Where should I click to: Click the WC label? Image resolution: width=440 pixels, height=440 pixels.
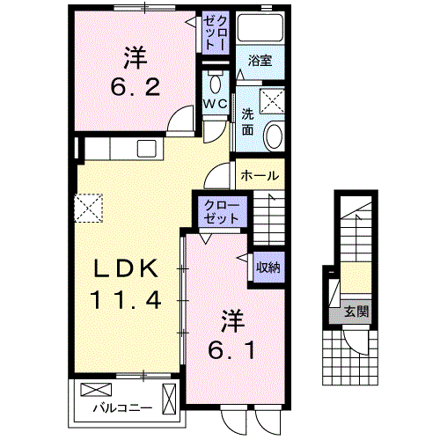(x=216, y=104)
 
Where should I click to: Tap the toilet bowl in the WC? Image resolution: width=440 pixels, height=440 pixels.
(x=216, y=82)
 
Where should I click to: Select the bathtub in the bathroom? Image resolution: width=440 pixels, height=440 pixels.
(x=260, y=28)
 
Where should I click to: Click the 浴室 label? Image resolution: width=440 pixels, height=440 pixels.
(x=260, y=60)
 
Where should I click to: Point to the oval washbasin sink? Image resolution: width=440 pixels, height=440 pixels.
(x=275, y=136)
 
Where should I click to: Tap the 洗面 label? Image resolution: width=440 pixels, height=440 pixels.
(x=248, y=122)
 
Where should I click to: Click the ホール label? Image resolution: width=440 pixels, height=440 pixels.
(x=260, y=175)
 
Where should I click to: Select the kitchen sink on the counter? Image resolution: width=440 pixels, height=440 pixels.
(x=147, y=148)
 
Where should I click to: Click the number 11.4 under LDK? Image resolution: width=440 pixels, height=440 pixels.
(x=126, y=299)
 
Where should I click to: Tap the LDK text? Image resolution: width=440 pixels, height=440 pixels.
(x=126, y=268)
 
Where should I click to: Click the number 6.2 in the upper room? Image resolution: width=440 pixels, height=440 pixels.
(x=136, y=87)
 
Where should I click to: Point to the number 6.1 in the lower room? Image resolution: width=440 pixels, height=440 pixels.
(x=231, y=350)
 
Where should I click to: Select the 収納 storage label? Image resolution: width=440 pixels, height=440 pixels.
(x=268, y=268)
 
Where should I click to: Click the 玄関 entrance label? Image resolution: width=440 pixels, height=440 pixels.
(x=356, y=311)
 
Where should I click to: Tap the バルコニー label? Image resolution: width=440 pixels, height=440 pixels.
(x=122, y=408)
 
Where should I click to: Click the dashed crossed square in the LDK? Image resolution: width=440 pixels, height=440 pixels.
(x=89, y=208)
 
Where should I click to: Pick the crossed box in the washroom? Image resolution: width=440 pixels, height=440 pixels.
(x=272, y=101)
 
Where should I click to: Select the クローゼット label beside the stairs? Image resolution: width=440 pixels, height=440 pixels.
(x=221, y=211)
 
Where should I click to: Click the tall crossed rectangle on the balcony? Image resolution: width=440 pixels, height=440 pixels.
(x=169, y=399)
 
